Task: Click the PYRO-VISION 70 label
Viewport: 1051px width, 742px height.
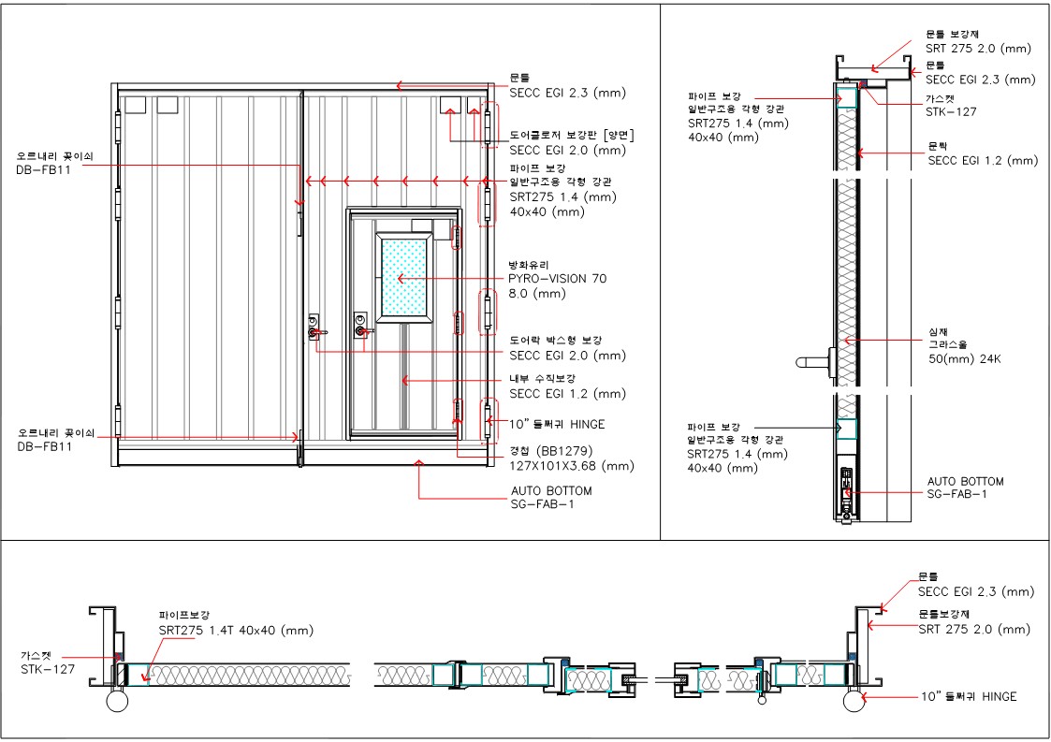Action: [x=557, y=279]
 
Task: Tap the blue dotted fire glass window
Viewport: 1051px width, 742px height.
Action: [x=403, y=276]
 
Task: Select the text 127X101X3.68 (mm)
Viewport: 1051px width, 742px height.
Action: [x=572, y=466]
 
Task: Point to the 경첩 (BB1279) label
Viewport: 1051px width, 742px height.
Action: [x=551, y=451]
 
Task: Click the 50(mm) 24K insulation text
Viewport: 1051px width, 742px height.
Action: [x=965, y=359]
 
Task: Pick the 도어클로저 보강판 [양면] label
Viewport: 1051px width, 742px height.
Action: [x=572, y=136]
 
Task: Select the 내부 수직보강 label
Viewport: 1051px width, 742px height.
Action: [x=542, y=379]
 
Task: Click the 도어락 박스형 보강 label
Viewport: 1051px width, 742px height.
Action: [x=555, y=341]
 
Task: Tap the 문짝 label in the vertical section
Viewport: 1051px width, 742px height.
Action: [x=938, y=146]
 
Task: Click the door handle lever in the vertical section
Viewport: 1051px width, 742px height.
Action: [x=813, y=363]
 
